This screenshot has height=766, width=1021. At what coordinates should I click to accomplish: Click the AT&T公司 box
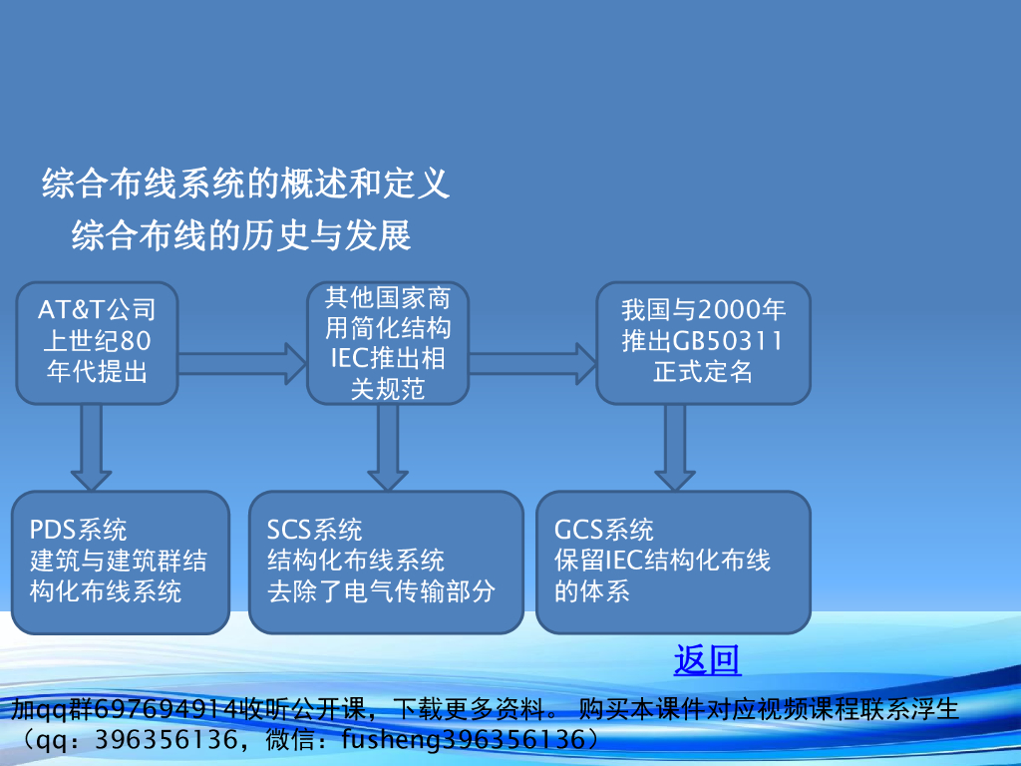coord(97,342)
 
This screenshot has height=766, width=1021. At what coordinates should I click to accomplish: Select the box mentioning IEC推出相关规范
coord(388,342)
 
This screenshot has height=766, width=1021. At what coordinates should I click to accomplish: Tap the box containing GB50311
coord(703,342)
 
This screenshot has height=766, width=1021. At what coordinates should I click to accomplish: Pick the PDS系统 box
coord(121,562)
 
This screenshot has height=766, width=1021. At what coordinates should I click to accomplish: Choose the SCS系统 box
coord(386,562)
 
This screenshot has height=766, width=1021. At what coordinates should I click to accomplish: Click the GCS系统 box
coord(673,562)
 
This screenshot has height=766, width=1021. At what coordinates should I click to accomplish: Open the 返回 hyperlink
coord(707,660)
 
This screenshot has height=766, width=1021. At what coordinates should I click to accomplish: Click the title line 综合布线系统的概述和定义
coord(245,184)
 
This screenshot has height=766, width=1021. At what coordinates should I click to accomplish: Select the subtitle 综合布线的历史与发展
coord(241,236)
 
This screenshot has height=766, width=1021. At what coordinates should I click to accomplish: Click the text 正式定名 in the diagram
coord(703,373)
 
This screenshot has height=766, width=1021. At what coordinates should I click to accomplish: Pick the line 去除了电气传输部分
coord(382,590)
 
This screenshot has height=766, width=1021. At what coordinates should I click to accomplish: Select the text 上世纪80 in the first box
coord(97,341)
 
